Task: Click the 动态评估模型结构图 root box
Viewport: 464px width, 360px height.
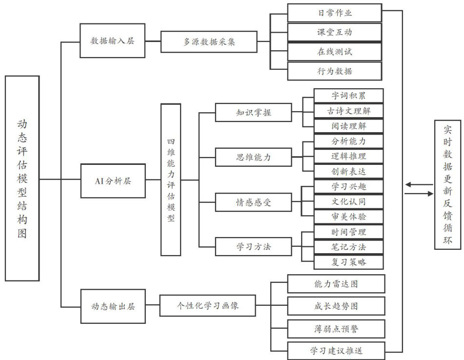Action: [x=22, y=178]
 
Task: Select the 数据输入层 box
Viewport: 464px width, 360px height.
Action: [x=112, y=41]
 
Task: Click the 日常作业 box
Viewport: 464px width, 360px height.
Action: [x=334, y=13]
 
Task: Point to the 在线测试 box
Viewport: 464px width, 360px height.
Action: [x=334, y=52]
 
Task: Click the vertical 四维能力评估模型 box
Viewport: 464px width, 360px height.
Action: [x=171, y=180]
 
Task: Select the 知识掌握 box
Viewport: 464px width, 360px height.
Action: [x=253, y=113]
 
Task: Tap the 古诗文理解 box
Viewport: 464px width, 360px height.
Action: [x=348, y=111]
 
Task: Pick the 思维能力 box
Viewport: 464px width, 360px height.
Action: [x=253, y=158]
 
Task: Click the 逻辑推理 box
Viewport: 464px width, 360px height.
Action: [x=348, y=156]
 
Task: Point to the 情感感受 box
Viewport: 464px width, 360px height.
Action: [x=253, y=201]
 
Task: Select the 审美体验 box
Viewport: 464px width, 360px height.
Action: [x=348, y=216]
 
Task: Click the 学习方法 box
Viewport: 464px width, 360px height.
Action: [x=253, y=246]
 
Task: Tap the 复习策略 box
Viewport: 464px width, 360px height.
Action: [x=348, y=262]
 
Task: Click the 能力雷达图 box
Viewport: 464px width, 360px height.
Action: [x=336, y=283]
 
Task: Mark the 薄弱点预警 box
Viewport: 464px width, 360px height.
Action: [x=336, y=329]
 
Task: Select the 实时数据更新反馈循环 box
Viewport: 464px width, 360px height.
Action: [x=447, y=185]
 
